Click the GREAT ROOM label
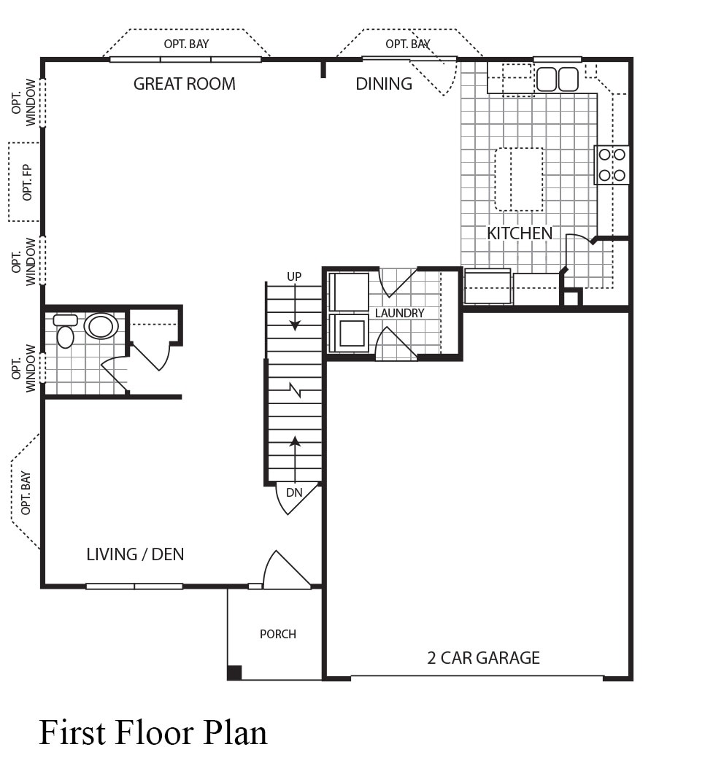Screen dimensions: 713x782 click(184, 84)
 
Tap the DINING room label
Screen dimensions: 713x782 click(384, 84)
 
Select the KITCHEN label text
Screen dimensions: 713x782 click(520, 233)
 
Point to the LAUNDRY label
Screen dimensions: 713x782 click(400, 313)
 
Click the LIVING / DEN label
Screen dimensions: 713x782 click(135, 554)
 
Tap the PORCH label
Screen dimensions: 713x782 click(278, 634)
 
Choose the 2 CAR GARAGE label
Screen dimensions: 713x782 click(484, 658)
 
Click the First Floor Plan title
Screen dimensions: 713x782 click(153, 733)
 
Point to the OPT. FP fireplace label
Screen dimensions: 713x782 click(27, 182)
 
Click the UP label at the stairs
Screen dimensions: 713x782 click(294, 276)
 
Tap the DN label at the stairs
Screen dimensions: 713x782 click(294, 492)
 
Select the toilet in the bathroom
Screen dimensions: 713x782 click(66, 330)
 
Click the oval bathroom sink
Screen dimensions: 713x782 click(101, 327)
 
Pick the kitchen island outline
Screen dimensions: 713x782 click(519, 179)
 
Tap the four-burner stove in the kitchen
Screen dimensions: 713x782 click(612, 165)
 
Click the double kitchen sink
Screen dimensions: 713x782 click(558, 80)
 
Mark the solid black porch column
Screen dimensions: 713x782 click(234, 673)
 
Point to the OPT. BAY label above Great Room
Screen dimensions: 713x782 click(186, 44)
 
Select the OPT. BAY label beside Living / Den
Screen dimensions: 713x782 click(26, 493)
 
